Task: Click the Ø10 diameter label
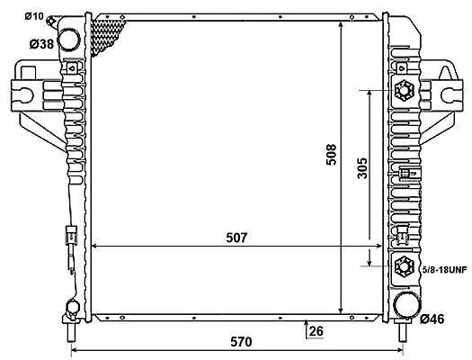pos(34,16)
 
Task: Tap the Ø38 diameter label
pos(41,44)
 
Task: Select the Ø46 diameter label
pos(432,319)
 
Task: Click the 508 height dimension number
pos(331,155)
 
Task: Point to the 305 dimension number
pos(362,168)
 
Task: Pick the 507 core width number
pos(236,238)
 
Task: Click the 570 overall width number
pos(241,342)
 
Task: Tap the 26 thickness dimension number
pos(316,331)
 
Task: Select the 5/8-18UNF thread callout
pos(445,270)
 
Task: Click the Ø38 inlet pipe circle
pos(68,40)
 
